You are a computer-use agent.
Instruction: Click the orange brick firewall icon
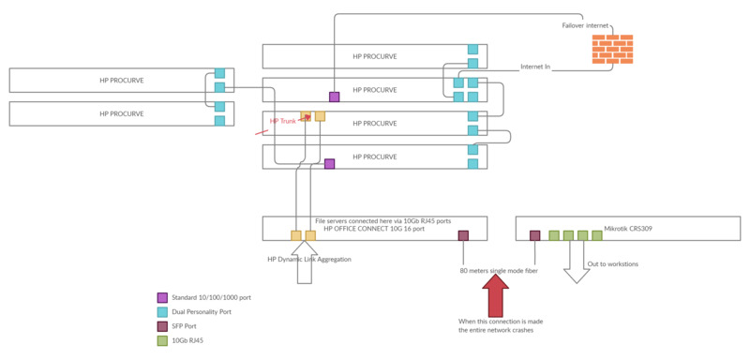[612, 49]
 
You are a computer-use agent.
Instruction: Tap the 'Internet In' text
[535, 67]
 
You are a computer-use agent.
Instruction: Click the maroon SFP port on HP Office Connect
[463, 235]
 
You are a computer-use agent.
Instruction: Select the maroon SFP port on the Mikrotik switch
[534, 235]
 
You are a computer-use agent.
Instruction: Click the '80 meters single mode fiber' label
[499, 270]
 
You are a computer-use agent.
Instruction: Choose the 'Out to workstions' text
[612, 263]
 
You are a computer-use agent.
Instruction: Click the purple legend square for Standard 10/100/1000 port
[161, 297]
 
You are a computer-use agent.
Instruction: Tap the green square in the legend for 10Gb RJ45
[161, 340]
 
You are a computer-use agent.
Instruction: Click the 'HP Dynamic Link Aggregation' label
[308, 259]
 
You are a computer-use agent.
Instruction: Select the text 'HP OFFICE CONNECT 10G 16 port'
[374, 229]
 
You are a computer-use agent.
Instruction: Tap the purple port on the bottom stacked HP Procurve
[329, 163]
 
